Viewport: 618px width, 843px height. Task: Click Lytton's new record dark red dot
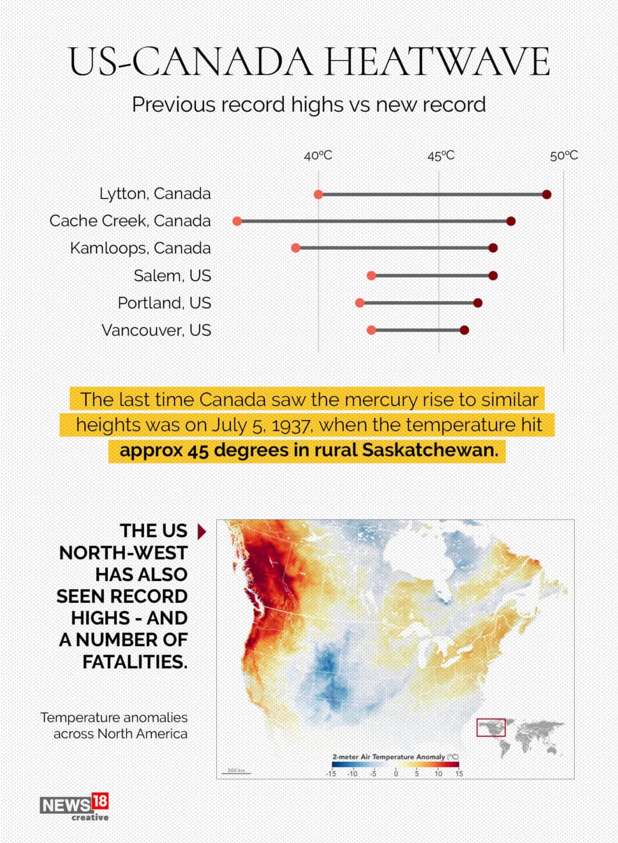tap(547, 194)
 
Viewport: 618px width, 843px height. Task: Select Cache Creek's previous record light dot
tap(237, 221)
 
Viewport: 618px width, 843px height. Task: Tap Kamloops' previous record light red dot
tap(296, 248)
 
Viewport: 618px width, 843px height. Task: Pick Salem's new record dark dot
tap(493, 276)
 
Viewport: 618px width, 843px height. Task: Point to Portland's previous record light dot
tap(359, 303)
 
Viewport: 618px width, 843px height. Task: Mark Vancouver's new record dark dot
tap(465, 330)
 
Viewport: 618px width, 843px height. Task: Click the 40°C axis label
tap(318, 156)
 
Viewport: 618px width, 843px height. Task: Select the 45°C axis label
tap(441, 156)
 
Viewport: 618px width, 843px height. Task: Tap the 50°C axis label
tap(564, 156)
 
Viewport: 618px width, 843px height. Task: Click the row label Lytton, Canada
tap(155, 194)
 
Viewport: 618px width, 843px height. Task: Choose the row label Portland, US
tap(164, 303)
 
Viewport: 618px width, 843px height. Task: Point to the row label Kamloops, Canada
tap(141, 248)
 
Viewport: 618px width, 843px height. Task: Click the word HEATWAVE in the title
tap(437, 62)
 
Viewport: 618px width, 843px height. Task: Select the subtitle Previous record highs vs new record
tap(309, 105)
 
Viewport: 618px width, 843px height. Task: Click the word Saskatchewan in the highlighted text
tap(430, 450)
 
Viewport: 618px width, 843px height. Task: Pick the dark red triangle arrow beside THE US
tap(201, 531)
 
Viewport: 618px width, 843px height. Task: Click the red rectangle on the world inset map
tap(491, 728)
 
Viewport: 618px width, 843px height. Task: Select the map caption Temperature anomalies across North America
tap(114, 725)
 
